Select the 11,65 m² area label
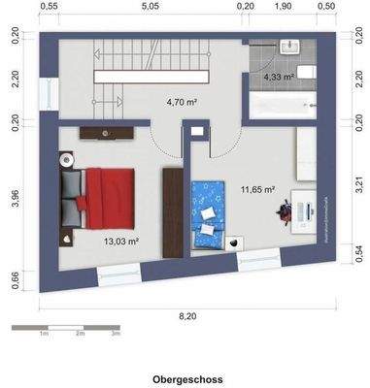coord(257,190)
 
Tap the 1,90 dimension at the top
coord(282,6)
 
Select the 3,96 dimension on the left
coord(15,197)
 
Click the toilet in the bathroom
coord(305,73)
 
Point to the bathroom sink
coord(288,46)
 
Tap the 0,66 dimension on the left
coord(15,280)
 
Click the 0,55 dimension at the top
coord(50,6)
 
